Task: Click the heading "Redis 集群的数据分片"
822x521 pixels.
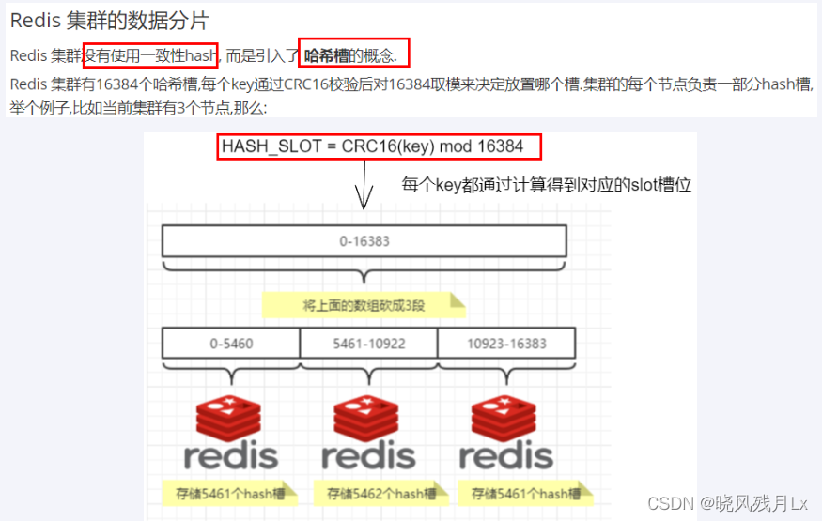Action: tap(110, 21)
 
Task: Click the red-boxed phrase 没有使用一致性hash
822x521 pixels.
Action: tap(150, 55)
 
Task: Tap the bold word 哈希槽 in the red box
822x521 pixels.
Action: tap(327, 55)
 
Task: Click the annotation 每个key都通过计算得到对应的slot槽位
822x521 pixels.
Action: tap(546, 185)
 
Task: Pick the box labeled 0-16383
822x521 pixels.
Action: tap(364, 241)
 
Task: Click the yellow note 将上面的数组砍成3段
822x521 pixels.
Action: tap(363, 305)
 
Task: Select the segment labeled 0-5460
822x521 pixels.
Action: tap(231, 344)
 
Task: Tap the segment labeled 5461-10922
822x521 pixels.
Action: tap(368, 344)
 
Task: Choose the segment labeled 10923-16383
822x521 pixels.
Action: tap(506, 344)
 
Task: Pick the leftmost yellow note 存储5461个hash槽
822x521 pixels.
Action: tap(228, 493)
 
